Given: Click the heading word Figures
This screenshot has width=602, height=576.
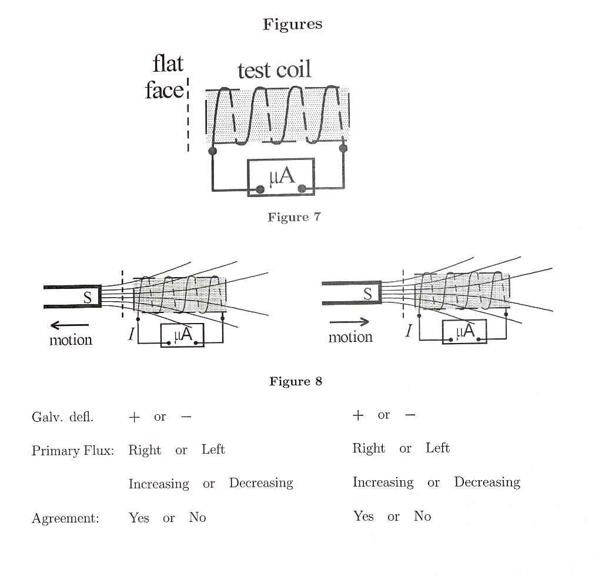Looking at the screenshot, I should [x=292, y=24].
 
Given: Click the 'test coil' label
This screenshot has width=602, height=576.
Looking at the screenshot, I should [x=274, y=71].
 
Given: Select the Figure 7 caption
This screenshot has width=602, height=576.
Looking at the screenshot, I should [x=294, y=217].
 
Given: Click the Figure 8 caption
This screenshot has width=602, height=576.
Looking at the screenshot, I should [x=296, y=381].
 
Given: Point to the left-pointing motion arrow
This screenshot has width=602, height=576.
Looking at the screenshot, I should [x=69, y=325].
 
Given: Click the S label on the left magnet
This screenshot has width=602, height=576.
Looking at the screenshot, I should [x=87, y=298].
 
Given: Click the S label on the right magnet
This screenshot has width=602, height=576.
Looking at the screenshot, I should [x=367, y=294].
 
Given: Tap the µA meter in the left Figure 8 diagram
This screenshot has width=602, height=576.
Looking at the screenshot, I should [x=182, y=335].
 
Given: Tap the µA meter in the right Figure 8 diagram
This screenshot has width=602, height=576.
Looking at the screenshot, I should [x=464, y=332].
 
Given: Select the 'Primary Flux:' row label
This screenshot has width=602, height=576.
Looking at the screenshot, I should [x=72, y=451].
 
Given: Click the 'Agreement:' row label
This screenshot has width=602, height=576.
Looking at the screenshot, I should [x=65, y=518].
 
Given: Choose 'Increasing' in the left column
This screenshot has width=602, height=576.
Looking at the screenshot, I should [x=159, y=484].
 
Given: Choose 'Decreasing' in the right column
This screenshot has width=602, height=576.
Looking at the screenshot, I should [x=487, y=482].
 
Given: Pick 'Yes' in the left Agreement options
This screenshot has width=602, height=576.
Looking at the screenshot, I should [x=139, y=518].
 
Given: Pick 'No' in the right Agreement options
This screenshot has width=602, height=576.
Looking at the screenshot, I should [x=422, y=516].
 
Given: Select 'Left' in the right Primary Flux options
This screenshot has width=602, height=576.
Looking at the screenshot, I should [x=437, y=448].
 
